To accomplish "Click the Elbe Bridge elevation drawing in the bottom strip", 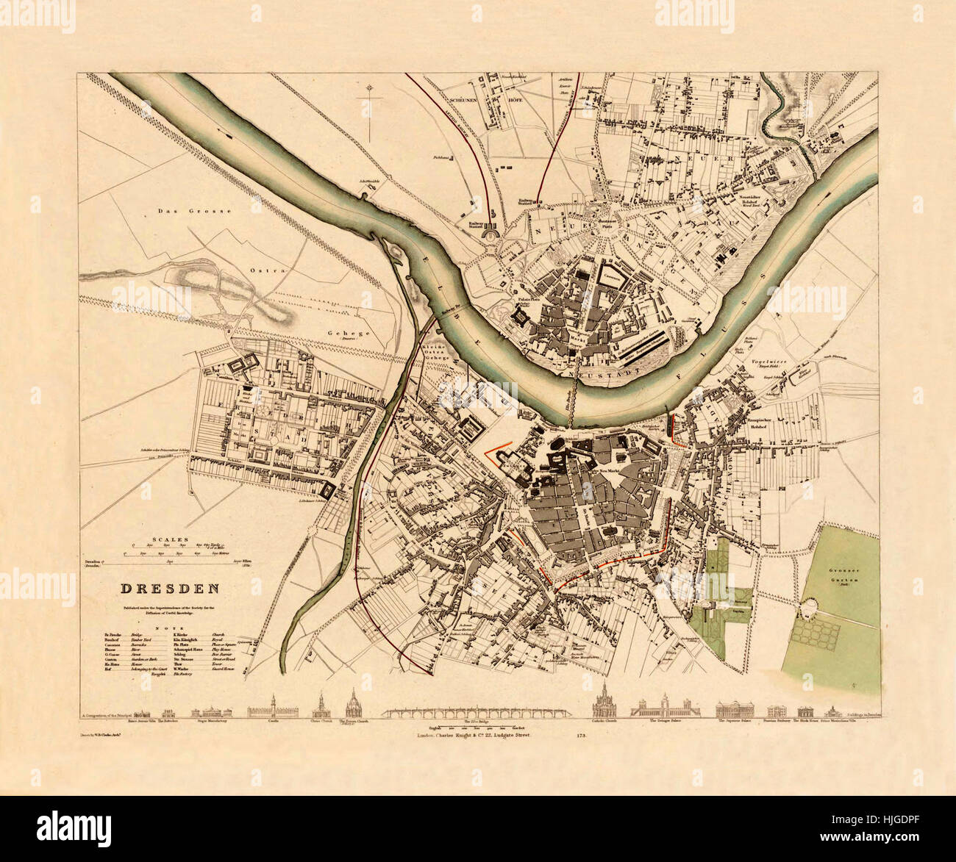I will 477,711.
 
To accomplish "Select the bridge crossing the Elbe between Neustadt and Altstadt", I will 570,401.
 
